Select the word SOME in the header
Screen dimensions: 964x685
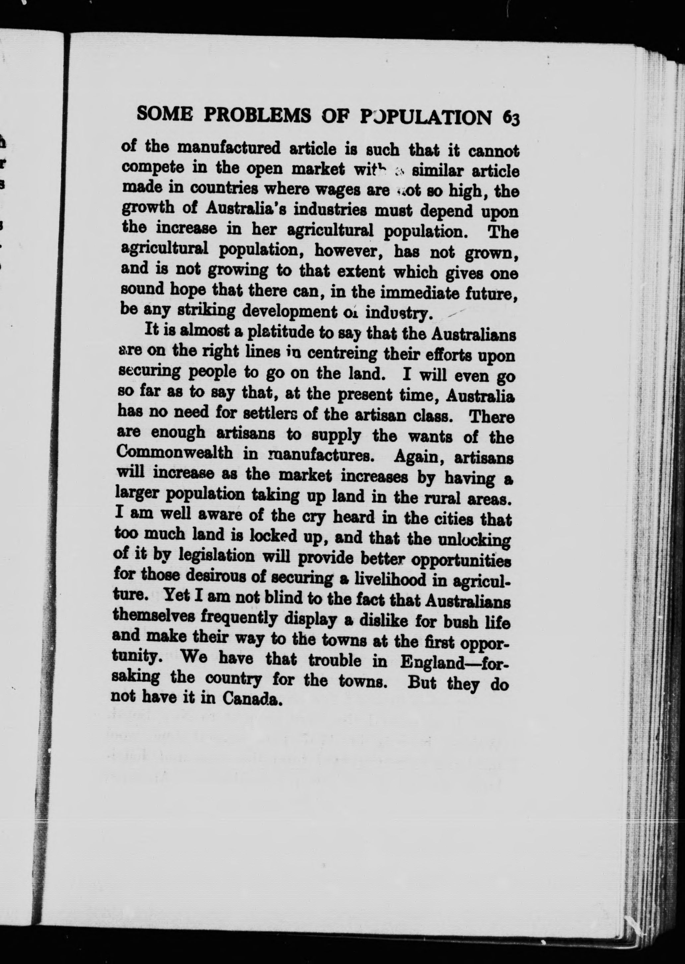165,114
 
